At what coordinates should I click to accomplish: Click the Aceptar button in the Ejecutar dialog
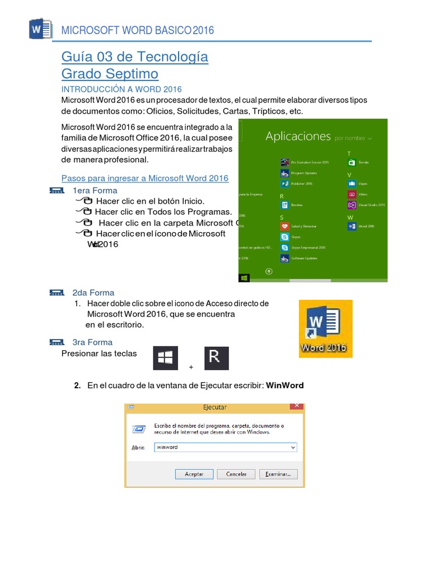(194, 474)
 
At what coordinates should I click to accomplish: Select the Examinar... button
(278, 474)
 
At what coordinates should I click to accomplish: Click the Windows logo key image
(165, 358)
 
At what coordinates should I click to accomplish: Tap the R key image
(216, 358)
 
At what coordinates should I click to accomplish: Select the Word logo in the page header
(40, 29)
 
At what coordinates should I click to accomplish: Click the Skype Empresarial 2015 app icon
(285, 247)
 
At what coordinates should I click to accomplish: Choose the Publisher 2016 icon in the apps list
(285, 184)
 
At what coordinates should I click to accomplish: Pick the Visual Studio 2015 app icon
(352, 205)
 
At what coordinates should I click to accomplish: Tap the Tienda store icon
(352, 162)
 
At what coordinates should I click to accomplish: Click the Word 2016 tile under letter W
(352, 226)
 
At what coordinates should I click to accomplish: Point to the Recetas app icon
(285, 205)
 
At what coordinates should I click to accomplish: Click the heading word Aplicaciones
(298, 136)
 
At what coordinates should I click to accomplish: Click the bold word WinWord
(284, 386)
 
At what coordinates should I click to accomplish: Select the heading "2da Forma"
(93, 293)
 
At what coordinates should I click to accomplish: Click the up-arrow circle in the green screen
(269, 271)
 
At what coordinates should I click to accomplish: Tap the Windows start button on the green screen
(244, 278)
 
